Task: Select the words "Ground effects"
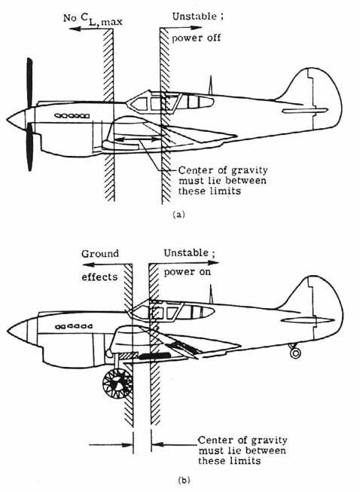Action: (99, 264)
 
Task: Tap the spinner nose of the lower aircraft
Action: (15, 330)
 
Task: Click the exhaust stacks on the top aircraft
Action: (72, 115)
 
